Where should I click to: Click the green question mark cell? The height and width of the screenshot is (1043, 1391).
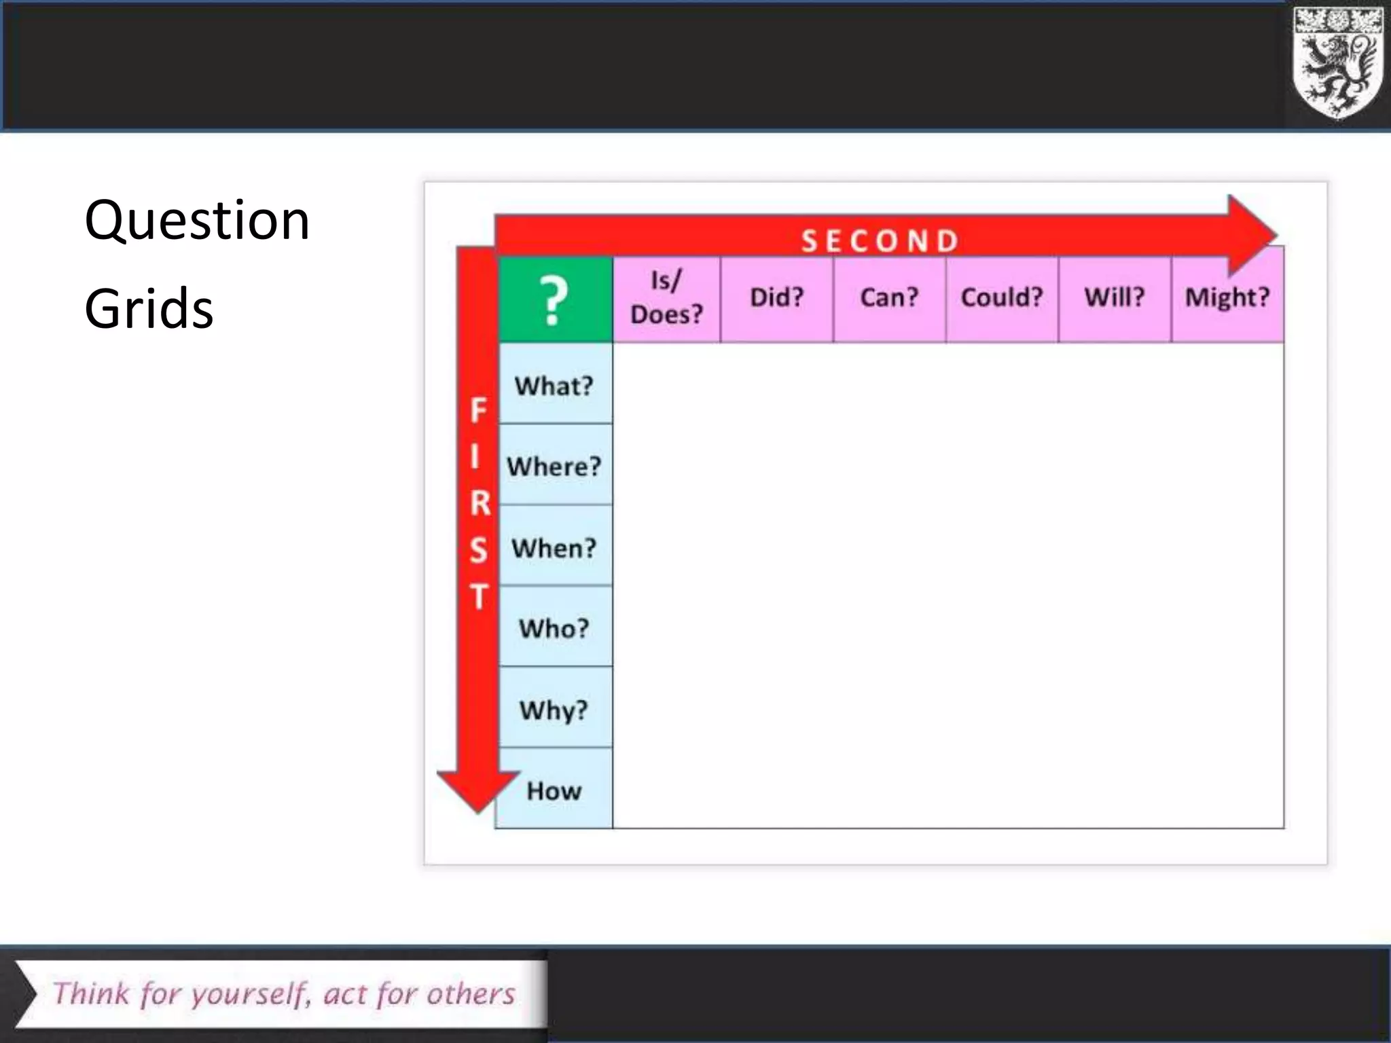point(555,299)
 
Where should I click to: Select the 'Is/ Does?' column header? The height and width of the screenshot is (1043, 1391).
point(666,298)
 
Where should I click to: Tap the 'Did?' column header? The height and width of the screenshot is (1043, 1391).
point(776,298)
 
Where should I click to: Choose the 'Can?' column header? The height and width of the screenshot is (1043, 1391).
point(889,298)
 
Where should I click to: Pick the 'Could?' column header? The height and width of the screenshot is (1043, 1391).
point(1002,298)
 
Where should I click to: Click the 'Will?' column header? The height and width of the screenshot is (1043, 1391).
point(1115,298)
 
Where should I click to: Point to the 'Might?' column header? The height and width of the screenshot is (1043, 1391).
point(1227,298)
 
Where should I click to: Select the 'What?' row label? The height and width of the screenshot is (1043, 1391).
point(554,386)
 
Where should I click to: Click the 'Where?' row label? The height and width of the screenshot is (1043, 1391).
point(554,466)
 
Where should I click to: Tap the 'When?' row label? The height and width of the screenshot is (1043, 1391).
point(554,548)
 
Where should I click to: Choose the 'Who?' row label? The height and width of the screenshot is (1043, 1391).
point(554,629)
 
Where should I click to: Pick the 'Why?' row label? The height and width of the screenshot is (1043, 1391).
point(554,710)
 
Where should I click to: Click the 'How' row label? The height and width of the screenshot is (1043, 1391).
point(554,791)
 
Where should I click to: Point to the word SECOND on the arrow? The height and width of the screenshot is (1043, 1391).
point(880,241)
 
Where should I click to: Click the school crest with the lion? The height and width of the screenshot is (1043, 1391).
point(1337,63)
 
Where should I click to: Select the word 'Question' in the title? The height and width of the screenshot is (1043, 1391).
point(197,221)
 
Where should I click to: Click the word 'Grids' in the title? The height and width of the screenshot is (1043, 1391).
point(149,309)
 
